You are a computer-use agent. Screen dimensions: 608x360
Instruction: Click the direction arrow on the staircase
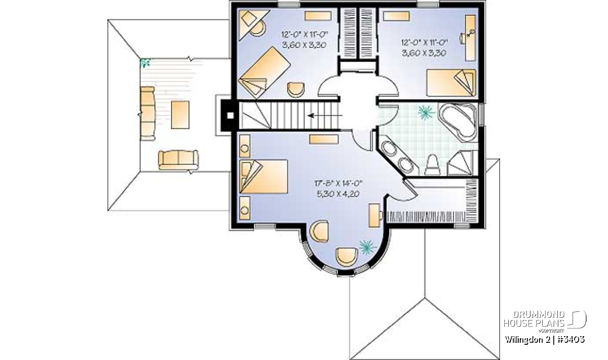325,116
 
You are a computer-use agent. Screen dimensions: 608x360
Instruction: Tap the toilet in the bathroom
432,165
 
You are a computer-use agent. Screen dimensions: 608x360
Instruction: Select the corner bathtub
458,122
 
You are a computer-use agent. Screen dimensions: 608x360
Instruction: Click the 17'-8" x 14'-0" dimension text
338,184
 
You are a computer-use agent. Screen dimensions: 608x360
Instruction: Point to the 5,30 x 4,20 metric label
338,194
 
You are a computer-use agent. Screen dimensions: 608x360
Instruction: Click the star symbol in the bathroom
426,112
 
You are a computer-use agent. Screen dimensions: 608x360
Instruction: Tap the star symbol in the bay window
367,248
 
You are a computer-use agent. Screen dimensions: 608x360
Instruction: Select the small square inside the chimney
230,115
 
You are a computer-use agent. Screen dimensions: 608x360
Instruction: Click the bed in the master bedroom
263,177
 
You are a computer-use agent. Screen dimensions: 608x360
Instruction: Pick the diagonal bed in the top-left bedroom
264,72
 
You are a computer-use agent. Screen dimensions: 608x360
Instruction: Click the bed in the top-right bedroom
451,83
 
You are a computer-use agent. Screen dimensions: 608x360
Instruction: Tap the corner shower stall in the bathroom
462,163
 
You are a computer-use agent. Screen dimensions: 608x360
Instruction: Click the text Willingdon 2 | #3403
545,339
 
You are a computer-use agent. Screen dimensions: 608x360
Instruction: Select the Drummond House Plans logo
545,321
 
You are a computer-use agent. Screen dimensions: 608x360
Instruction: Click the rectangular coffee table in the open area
180,115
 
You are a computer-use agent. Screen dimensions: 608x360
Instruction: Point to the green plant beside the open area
145,63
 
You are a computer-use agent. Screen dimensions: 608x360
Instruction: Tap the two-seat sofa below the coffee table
178,160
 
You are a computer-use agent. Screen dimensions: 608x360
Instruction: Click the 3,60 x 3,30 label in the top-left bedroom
305,45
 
